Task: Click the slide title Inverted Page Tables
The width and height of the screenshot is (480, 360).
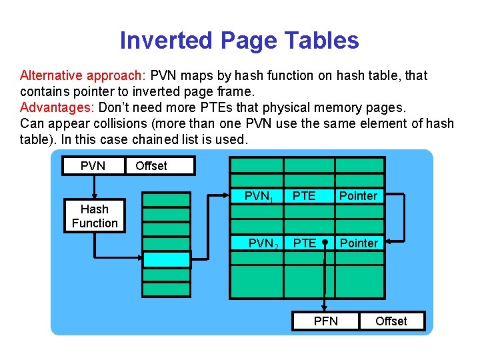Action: point(239,41)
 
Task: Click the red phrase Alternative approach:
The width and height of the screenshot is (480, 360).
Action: point(85,75)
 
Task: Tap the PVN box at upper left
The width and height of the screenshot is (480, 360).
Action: point(93,165)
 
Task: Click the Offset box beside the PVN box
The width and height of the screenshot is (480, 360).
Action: point(160,165)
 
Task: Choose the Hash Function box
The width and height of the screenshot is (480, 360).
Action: point(94,216)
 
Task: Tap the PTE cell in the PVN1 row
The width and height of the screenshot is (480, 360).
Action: point(305,196)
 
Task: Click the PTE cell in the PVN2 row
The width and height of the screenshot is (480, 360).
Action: point(305,243)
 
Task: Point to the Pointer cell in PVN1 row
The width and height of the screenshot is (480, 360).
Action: point(358,196)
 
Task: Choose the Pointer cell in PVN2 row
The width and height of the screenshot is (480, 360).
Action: point(358,243)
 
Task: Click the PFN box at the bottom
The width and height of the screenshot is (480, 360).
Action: point(325,321)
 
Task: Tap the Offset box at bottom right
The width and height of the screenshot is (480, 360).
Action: point(391,321)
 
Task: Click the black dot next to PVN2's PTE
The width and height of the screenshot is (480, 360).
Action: point(325,243)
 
